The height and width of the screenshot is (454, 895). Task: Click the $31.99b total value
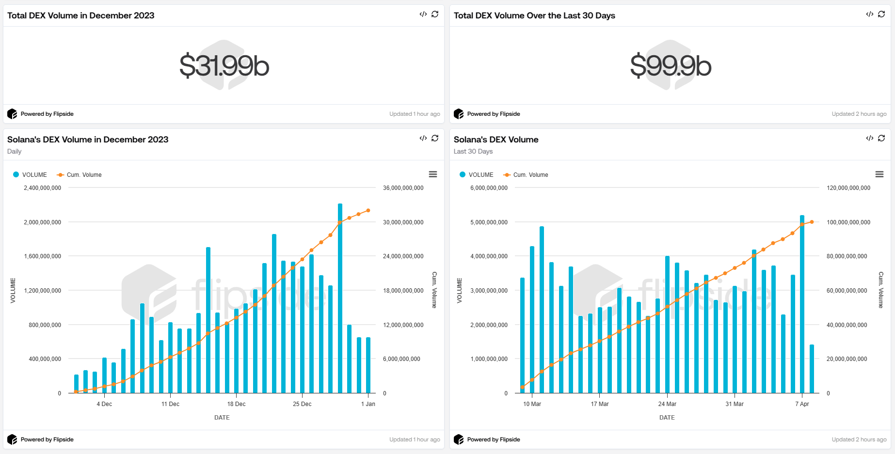point(224,66)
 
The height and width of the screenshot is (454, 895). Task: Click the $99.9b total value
point(671,66)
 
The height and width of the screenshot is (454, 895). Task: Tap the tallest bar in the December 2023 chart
point(340,298)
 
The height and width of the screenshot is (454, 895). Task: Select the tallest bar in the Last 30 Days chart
point(802,304)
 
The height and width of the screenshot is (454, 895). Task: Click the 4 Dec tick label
point(104,404)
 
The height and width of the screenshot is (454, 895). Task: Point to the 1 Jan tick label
point(368,404)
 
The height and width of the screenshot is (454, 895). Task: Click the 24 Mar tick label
point(667,404)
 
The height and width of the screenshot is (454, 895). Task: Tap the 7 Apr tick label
point(802,404)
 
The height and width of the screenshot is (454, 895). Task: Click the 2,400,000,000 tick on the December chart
point(43,188)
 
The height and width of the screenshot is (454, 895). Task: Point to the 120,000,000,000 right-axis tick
point(848,188)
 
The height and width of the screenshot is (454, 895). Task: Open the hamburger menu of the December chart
point(433,174)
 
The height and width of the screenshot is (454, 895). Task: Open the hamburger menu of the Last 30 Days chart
point(879,174)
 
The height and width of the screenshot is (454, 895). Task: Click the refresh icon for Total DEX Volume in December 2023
point(435,14)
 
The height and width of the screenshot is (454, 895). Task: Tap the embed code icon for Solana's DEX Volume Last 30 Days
point(869,138)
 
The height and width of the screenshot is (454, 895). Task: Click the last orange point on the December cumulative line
point(368,210)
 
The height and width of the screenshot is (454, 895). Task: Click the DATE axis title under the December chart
point(222,418)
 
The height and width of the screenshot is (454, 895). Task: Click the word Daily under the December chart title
point(15,152)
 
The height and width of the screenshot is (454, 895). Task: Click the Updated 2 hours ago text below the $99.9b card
point(859,114)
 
